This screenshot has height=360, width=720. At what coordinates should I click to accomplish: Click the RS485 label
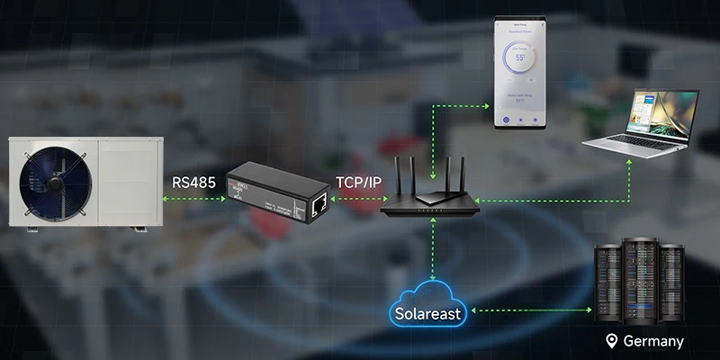coord(193,182)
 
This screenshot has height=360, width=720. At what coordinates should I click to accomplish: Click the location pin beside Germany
coord(612,341)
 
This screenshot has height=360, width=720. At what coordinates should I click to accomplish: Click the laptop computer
coord(640,121)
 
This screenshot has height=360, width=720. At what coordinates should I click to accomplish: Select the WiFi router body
coord(430,203)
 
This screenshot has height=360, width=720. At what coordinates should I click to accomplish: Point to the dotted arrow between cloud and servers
coord(532,310)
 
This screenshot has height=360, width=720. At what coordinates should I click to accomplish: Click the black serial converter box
coord(274,191)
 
